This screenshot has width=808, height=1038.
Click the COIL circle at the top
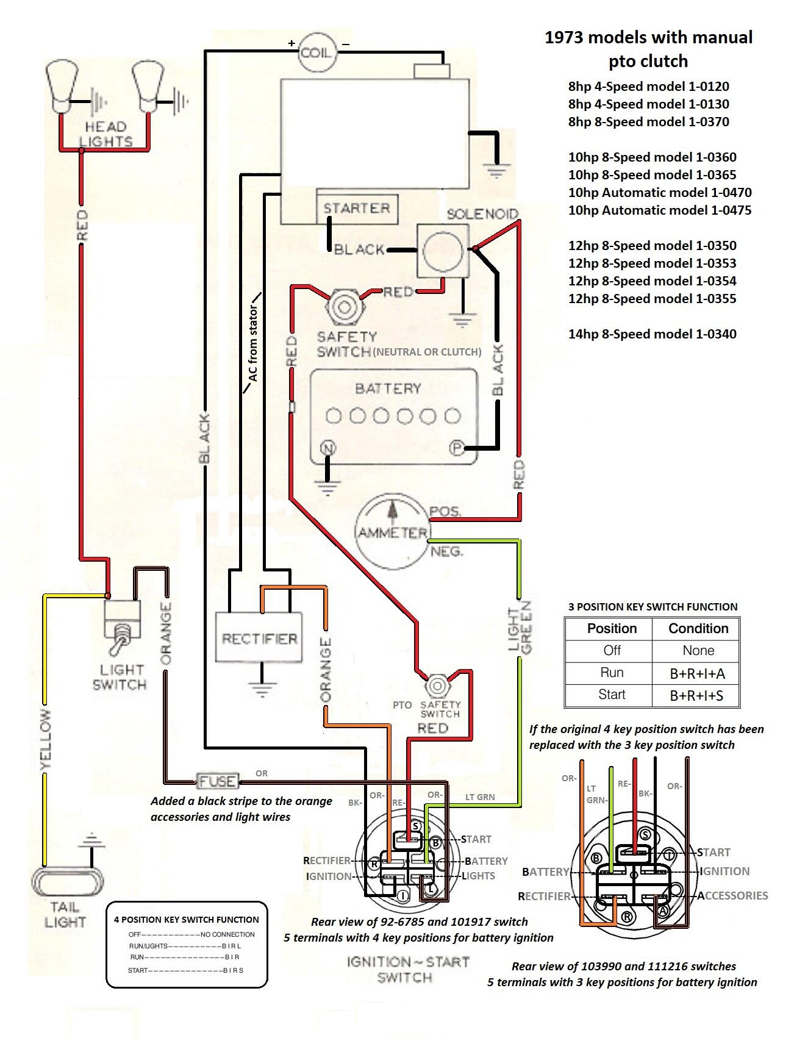[316, 52]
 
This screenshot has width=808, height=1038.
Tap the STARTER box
[357, 209]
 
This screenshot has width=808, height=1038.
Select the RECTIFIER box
[259, 637]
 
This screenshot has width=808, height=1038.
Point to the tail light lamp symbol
[67, 881]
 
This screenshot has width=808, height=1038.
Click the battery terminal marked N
[329, 449]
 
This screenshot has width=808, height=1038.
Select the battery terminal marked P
[457, 448]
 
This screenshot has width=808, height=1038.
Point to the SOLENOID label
[482, 214]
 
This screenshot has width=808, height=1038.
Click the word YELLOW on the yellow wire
[45, 738]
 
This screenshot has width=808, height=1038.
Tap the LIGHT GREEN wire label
[520, 626]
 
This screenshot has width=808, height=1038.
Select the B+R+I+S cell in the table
[696, 695]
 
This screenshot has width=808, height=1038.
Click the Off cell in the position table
[612, 651]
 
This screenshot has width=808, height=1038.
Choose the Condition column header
[698, 629]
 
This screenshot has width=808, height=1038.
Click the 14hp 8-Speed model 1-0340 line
[652, 334]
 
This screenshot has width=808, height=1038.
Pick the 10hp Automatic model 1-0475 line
[660, 210]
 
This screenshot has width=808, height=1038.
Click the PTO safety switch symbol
[437, 687]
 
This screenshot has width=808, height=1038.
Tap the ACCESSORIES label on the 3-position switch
[732, 895]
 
